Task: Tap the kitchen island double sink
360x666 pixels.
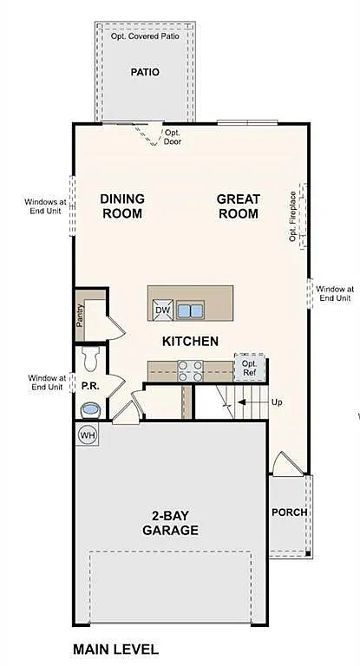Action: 189,310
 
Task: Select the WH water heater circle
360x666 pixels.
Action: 88,434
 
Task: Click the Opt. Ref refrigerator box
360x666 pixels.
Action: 248,367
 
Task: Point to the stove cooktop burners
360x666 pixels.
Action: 190,371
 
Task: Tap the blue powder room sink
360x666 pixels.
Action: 90,408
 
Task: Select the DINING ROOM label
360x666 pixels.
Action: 122,206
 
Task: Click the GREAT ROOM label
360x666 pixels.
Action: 238,206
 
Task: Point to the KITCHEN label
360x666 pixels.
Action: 190,342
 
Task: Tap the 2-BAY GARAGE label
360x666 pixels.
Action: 170,522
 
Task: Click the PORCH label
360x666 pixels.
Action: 288,512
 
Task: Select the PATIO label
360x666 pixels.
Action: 145,72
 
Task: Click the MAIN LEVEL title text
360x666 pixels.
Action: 115,649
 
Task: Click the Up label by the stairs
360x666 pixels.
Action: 277,402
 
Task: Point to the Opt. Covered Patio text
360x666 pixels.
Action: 144,37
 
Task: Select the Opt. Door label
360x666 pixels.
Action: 173,137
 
